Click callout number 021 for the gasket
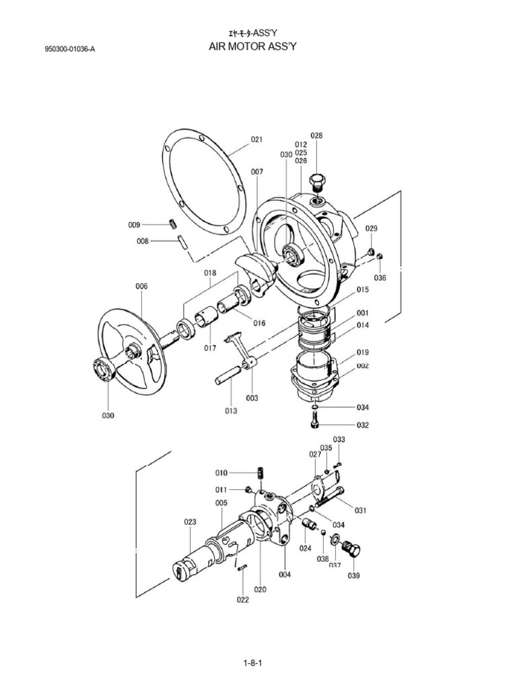tap(256, 139)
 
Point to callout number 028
tap(316, 135)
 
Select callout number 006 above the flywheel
tap(141, 286)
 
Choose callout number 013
tap(231, 410)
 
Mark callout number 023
tap(190, 521)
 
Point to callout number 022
tap(242, 600)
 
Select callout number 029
tap(371, 229)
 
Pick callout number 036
tap(380, 277)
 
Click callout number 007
tap(257, 172)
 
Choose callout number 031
tap(360, 510)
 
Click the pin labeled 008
tap(182, 241)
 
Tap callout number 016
tap(259, 322)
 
